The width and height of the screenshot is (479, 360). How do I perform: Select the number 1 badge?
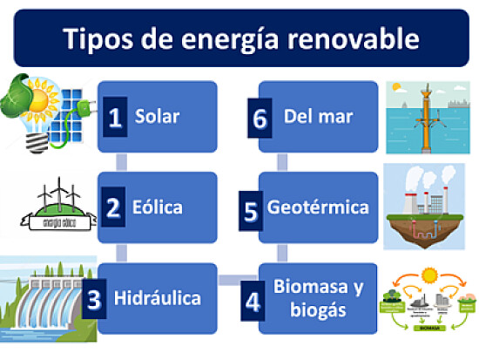click(115, 117)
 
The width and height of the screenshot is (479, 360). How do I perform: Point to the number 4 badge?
click(253, 302)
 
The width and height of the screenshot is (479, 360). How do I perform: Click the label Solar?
click(157, 116)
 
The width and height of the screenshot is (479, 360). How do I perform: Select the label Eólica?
click(157, 207)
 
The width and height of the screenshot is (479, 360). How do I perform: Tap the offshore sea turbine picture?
click(428, 118)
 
